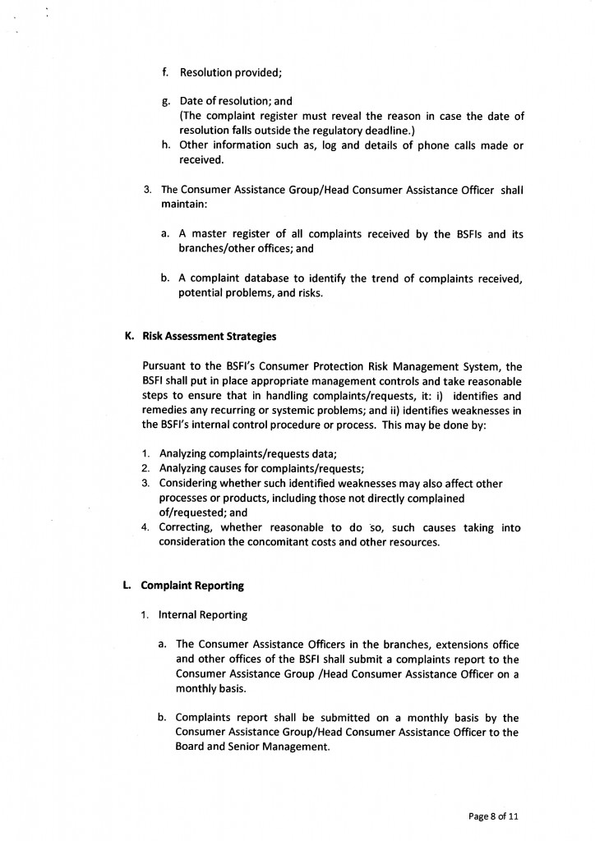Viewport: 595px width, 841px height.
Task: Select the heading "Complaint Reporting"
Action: tap(191, 586)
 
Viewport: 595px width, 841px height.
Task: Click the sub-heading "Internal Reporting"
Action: tap(201, 614)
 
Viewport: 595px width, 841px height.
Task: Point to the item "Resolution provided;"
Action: tap(231, 72)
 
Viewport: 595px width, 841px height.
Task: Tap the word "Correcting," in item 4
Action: tap(186, 528)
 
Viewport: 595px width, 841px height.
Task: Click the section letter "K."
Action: tap(128, 336)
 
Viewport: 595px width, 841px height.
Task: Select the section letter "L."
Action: tap(127, 586)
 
